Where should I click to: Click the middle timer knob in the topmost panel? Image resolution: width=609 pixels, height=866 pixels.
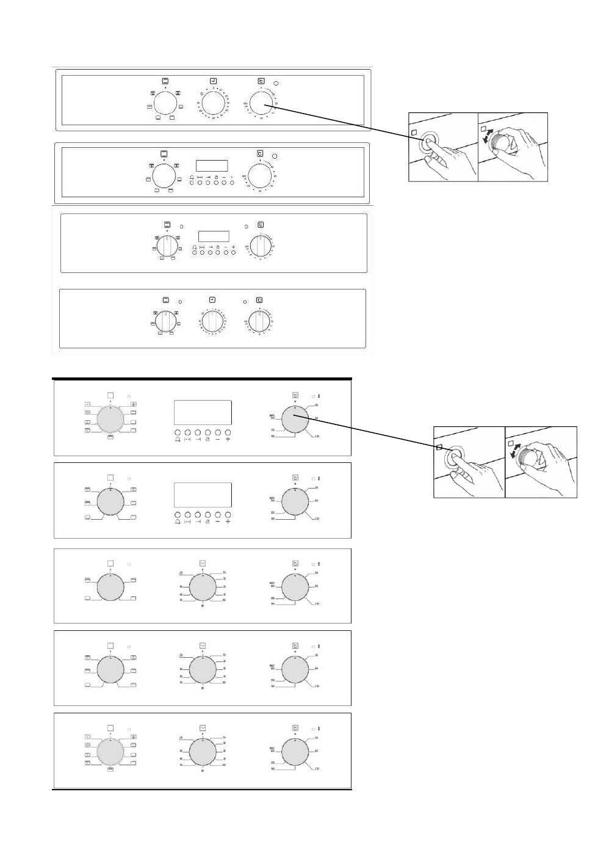pyautogui.click(x=213, y=102)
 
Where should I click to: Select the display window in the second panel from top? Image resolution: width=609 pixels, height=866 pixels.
pyautogui.click(x=211, y=166)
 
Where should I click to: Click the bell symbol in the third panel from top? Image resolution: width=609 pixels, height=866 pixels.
pyautogui.click(x=194, y=247)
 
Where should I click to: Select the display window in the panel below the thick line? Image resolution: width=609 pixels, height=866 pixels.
pyautogui.click(x=203, y=412)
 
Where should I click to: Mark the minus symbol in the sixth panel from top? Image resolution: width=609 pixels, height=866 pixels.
pyautogui.click(x=217, y=522)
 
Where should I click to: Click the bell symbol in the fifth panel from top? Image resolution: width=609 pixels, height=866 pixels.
pyautogui.click(x=177, y=438)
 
